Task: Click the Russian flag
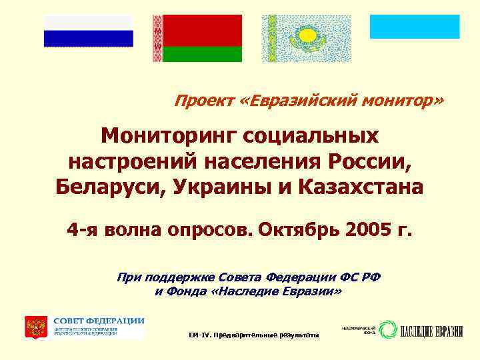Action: coord(89,30)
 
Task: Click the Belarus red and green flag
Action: coord(197,39)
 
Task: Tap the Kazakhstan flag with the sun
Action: coord(305,38)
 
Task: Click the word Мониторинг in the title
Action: coord(170,136)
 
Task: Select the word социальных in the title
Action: coord(313,136)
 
